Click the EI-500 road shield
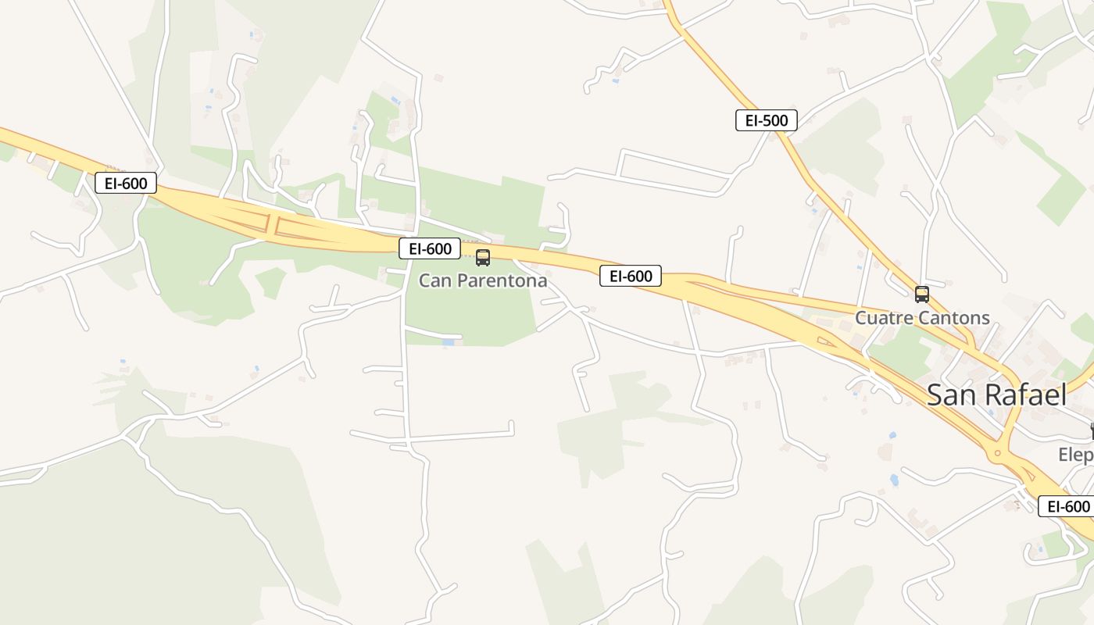pyautogui.click(x=766, y=120)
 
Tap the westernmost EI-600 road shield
pyautogui.click(x=126, y=183)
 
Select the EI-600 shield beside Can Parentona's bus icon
pyautogui.click(x=429, y=248)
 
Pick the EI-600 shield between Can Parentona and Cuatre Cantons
pyautogui.click(x=630, y=275)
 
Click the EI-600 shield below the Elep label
pyautogui.click(x=1065, y=506)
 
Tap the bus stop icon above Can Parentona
pyautogui.click(x=483, y=258)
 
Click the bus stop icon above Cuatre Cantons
pyautogui.click(x=922, y=295)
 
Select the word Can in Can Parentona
pyautogui.click(x=434, y=280)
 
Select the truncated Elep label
pyautogui.click(x=1075, y=455)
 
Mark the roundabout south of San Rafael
pyautogui.click(x=996, y=452)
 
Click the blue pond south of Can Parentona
pyautogui.click(x=448, y=342)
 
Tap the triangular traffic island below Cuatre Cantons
pyautogui.click(x=824, y=341)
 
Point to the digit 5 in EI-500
pyautogui.click(x=768, y=120)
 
